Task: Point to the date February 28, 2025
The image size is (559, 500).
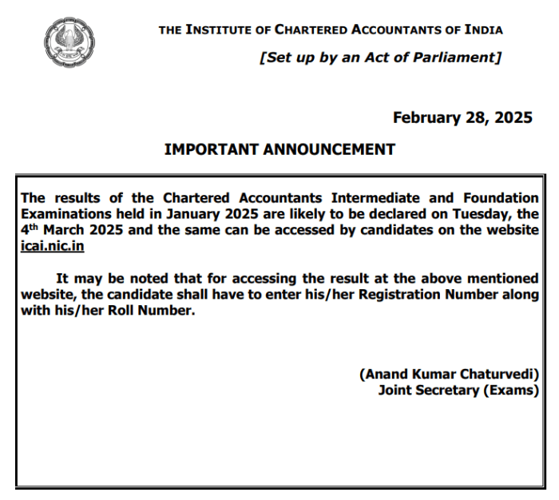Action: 462,118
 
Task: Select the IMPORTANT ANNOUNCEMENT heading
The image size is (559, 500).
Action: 279,149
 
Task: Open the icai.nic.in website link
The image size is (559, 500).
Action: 53,245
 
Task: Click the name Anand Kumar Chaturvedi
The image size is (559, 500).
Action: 450,375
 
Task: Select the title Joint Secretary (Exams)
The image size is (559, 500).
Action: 459,391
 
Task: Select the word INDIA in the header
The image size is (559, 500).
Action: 482,30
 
